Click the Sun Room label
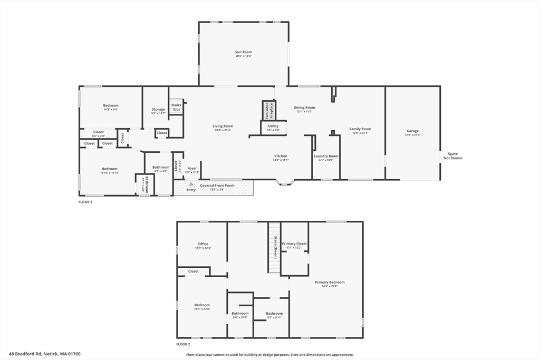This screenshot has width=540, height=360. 244,52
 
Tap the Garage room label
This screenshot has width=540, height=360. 412,131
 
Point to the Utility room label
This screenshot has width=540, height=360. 273,127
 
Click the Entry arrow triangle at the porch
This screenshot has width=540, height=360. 191,184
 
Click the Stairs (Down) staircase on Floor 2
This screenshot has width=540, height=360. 274,247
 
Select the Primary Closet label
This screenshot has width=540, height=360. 294,244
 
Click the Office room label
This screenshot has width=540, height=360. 203,244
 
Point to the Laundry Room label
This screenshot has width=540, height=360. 326,156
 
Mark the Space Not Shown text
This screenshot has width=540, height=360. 452,156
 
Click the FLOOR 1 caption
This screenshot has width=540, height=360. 85,202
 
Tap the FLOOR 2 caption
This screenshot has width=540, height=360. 183,344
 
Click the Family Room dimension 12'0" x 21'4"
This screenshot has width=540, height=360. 360,133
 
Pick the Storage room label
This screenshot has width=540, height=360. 158,110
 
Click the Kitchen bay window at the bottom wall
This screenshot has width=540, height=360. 285,182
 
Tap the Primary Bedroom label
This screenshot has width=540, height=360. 330,282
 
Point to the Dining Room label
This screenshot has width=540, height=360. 304,108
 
